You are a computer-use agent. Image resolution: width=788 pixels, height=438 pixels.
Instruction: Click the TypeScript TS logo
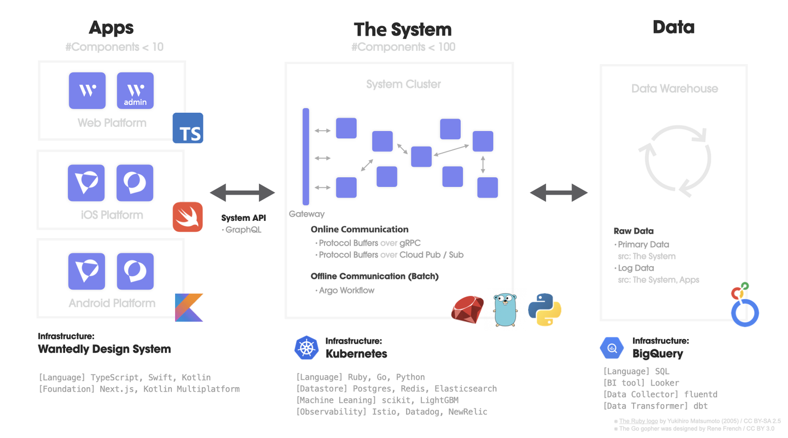point(188,128)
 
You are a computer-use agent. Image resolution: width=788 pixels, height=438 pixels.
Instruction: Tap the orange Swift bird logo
point(188,217)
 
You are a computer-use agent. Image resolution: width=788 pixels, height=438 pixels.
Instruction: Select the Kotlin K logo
point(189,307)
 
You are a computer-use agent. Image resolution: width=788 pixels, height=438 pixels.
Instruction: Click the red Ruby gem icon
point(467,309)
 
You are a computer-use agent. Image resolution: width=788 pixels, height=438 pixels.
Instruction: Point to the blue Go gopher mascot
point(505,309)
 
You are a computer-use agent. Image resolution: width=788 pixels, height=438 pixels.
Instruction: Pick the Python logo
point(544,309)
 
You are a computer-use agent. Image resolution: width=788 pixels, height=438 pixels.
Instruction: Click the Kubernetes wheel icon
point(306,348)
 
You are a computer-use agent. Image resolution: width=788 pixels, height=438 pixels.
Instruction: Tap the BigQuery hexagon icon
point(612,348)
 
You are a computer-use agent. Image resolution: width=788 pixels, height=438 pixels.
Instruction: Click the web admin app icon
point(135,91)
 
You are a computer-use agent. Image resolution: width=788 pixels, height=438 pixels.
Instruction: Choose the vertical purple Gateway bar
point(306,156)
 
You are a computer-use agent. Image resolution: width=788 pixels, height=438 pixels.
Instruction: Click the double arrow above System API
point(242,192)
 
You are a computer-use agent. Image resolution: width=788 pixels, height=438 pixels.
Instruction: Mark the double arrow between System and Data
point(559,192)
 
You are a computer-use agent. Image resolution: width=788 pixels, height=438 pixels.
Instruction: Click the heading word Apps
point(111,27)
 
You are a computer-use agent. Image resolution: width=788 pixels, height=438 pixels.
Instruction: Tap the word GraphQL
point(244,230)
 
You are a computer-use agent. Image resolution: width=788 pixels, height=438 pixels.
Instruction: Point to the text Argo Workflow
point(346,290)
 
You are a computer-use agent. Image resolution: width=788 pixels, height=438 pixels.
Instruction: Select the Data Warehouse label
point(674,89)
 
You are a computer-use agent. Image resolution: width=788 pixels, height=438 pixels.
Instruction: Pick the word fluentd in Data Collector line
point(701,394)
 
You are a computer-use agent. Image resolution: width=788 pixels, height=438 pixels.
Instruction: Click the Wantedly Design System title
point(105,349)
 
